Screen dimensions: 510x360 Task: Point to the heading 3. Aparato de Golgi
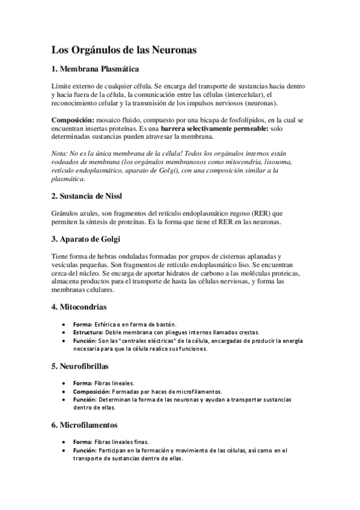[86, 239]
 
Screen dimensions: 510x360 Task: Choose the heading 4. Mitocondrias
[79, 307]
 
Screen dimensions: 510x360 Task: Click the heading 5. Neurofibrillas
[83, 365]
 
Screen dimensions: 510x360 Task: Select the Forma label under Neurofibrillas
[82, 382]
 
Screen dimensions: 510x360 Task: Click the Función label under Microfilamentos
[84, 449]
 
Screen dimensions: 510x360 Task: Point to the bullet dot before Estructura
[64, 332]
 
